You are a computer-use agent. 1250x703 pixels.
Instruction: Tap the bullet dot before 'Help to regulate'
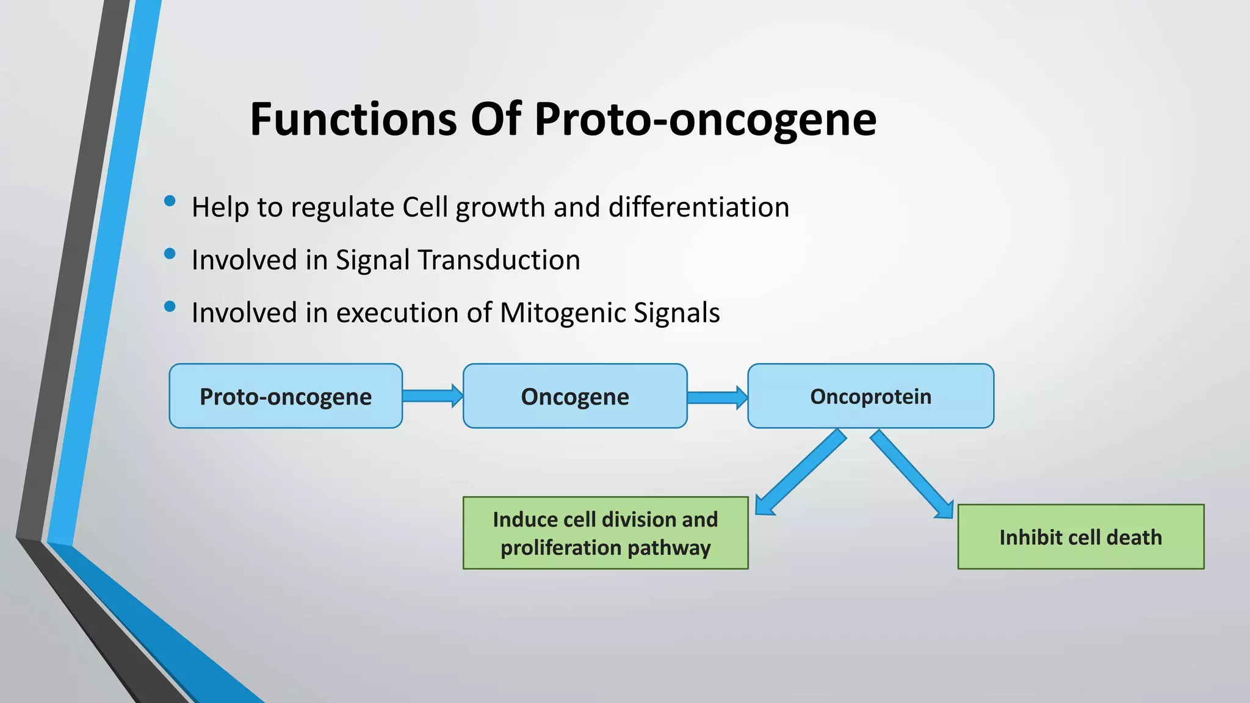[170, 201]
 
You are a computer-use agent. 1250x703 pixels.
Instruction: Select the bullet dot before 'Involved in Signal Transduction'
[170, 253]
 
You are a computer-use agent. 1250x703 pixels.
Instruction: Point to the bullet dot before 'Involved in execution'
[170, 306]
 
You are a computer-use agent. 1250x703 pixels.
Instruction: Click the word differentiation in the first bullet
[699, 207]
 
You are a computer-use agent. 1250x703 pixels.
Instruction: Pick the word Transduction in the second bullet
[499, 260]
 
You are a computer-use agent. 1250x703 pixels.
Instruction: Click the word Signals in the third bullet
[676, 312]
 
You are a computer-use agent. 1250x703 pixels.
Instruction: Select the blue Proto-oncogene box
[286, 396]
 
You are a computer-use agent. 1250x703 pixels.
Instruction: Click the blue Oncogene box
[574, 396]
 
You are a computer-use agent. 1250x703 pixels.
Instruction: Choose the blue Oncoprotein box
[870, 396]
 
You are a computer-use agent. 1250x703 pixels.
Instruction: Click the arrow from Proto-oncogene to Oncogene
[432, 396]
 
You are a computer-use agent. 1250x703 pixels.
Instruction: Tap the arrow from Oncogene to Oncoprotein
[717, 397]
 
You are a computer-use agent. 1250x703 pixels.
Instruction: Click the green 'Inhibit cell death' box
[1080, 537]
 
